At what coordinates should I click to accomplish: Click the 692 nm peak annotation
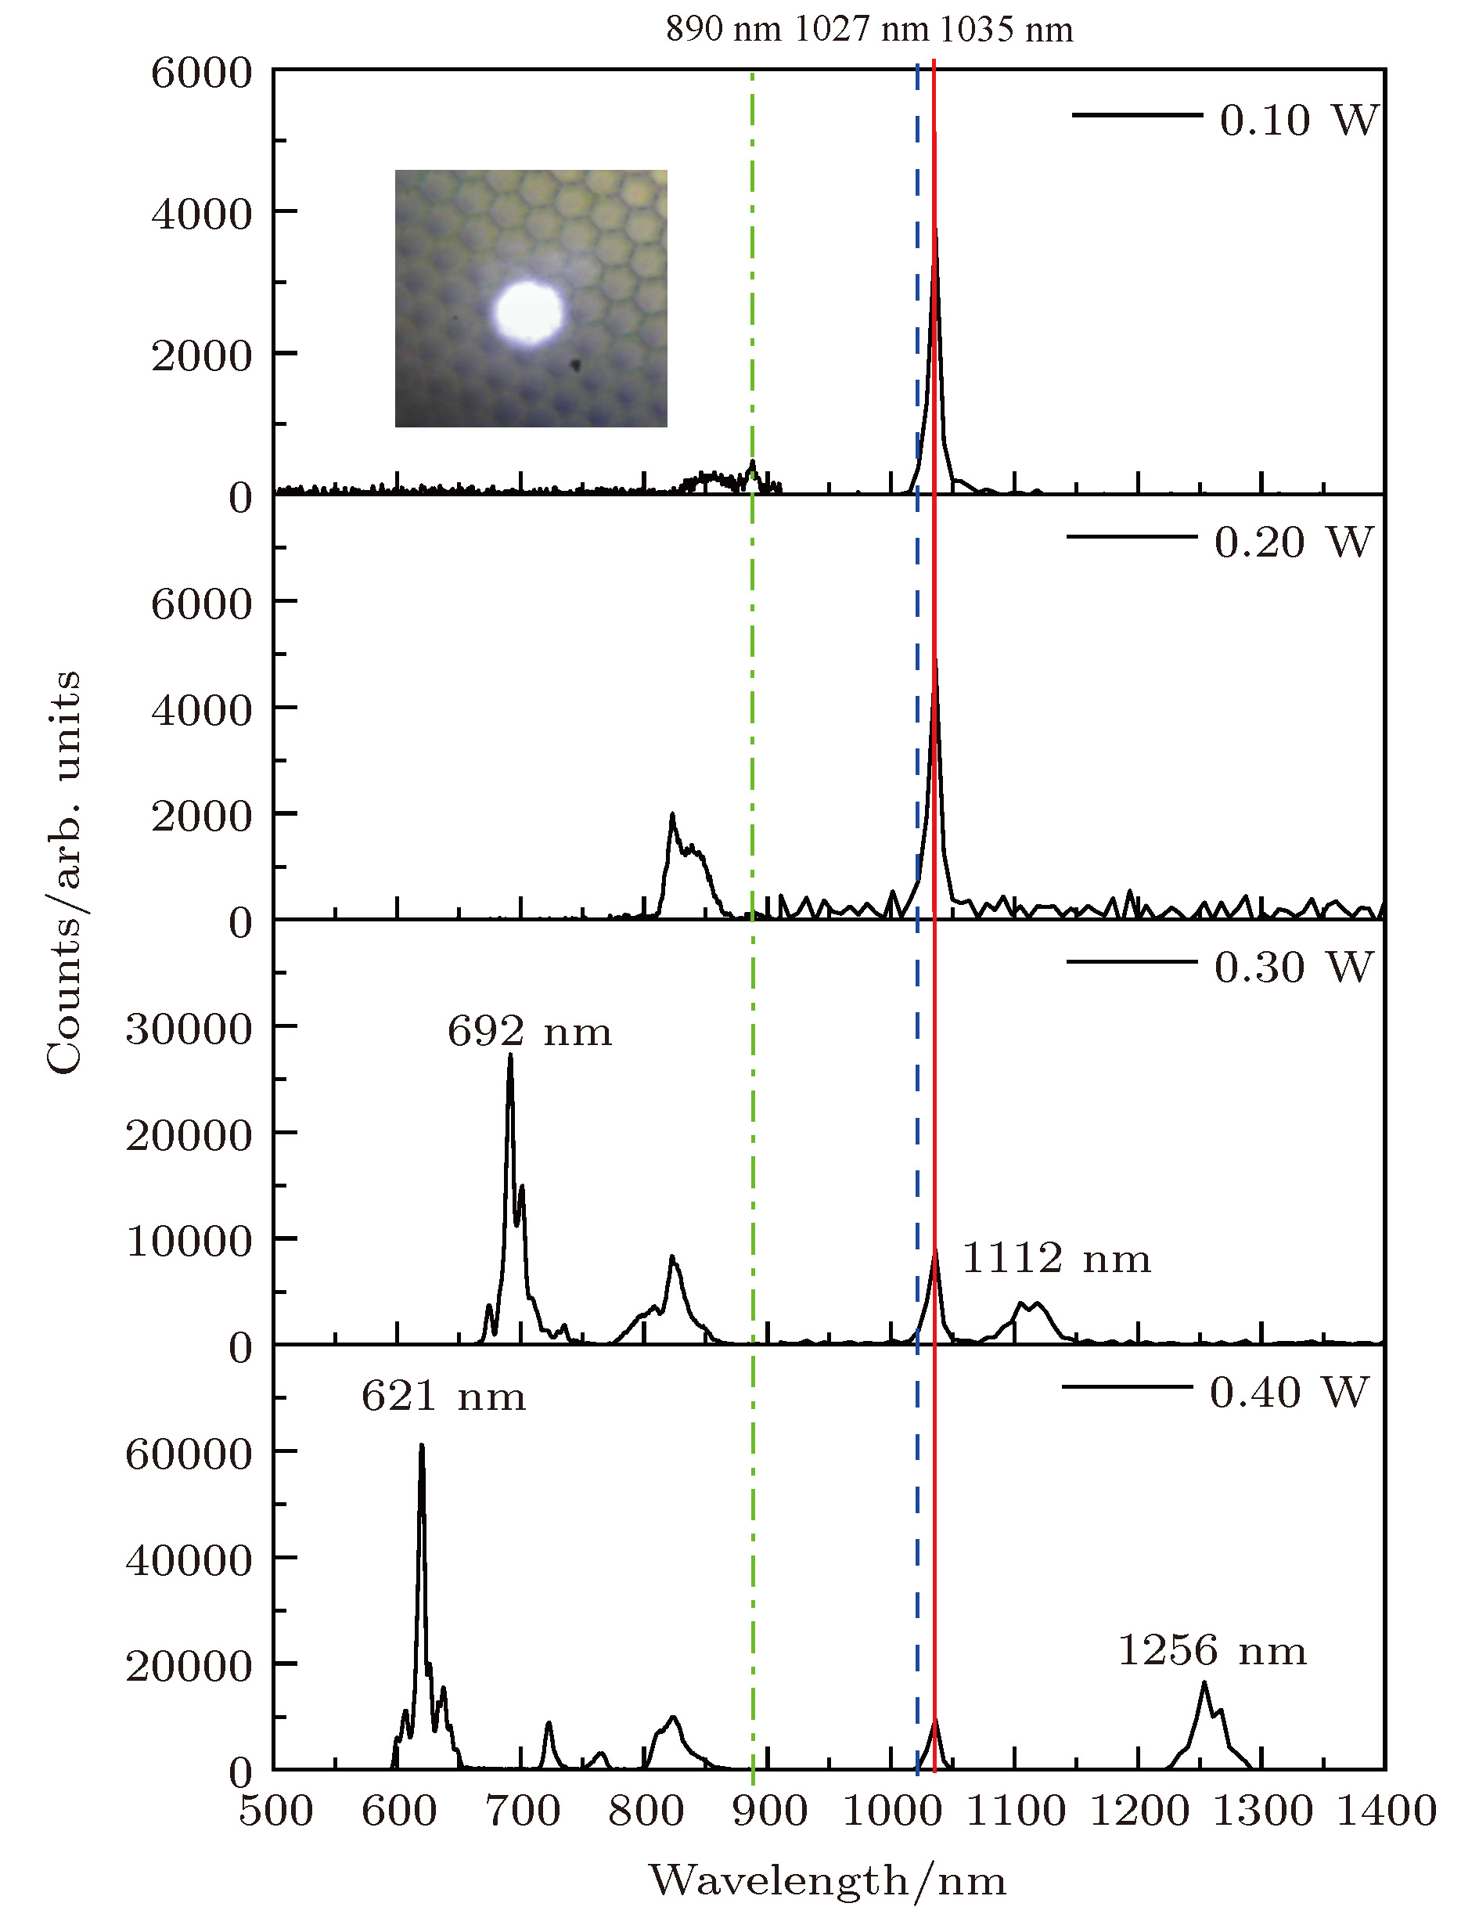click(x=529, y=1033)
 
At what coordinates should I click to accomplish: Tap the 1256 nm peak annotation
click(x=1212, y=1651)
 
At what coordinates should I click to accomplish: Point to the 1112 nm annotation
click(x=1056, y=1260)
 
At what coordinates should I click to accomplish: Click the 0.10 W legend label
click(x=1298, y=120)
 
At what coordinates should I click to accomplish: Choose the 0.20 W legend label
click(x=1294, y=542)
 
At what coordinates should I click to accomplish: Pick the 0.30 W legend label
click(x=1294, y=968)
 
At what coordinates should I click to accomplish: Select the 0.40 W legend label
click(x=1289, y=1393)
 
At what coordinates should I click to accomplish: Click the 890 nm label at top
click(x=723, y=30)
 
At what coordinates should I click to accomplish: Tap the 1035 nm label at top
click(x=1006, y=30)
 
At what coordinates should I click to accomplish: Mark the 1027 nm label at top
click(x=862, y=30)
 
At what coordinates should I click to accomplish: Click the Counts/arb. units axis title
click(x=64, y=872)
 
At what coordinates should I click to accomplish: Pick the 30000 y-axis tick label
click(x=189, y=1029)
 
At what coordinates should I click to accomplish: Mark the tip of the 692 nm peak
click(x=510, y=1056)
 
